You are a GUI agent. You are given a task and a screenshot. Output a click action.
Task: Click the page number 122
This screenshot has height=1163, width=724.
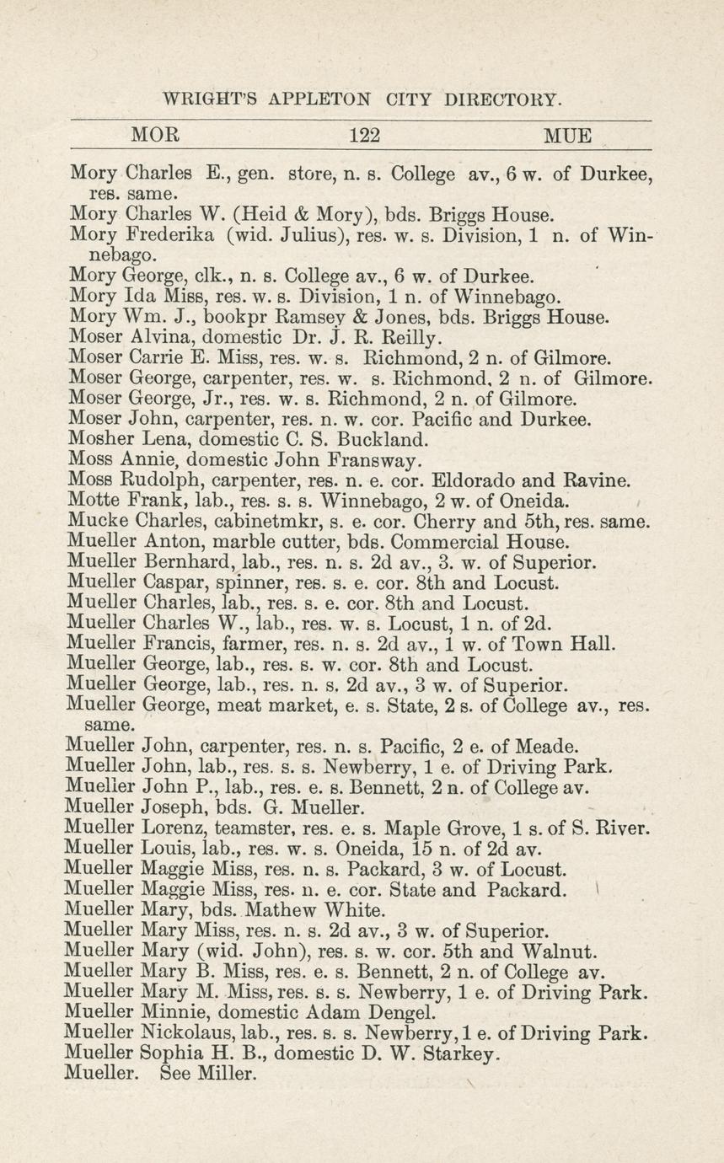point(365,135)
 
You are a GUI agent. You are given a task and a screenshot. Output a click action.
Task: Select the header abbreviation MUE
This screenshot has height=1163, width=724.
point(567,135)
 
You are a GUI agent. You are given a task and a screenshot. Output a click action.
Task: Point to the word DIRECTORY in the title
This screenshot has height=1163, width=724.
point(501,99)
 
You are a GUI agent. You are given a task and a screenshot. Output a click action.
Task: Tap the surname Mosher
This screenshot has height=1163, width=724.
point(98,439)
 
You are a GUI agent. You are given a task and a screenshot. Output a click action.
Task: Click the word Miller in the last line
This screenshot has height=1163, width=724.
point(227,1073)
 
